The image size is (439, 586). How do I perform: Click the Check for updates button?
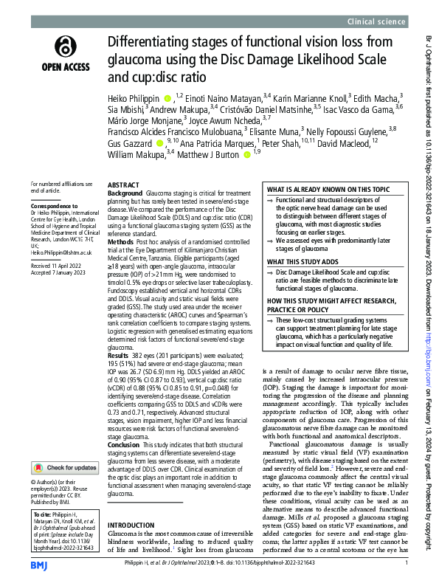pos(64,447)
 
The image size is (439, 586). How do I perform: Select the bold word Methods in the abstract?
pos(121,241)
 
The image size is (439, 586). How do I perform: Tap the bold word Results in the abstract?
pos(120,354)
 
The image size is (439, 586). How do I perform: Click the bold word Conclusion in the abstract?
pos(124,444)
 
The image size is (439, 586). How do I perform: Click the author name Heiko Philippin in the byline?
pos(133,97)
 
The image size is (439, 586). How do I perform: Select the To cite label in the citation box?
pos(44,491)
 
